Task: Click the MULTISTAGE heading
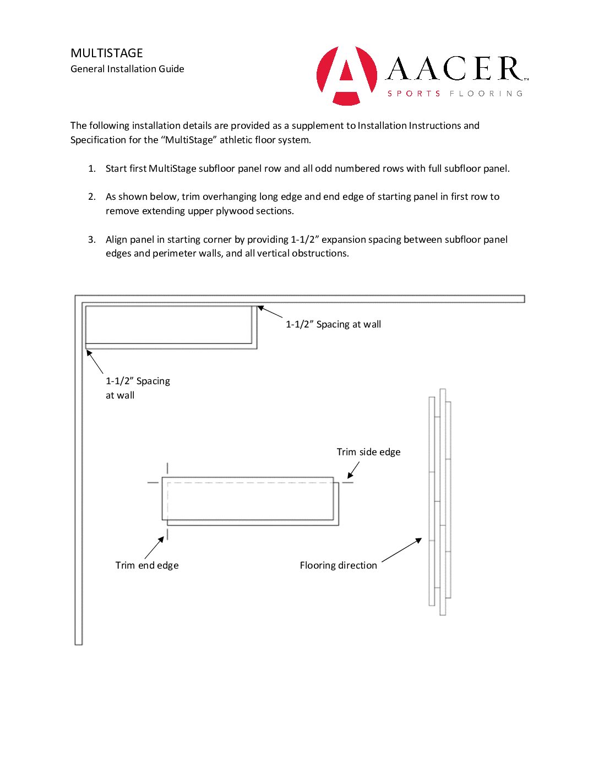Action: coord(107,53)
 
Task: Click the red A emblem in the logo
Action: coord(347,75)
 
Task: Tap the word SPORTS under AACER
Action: coord(414,94)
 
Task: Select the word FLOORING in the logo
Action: coord(486,94)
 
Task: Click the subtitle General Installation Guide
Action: coord(127,69)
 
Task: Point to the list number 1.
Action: coord(91,168)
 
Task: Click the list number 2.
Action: coord(91,197)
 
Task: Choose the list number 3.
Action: coord(91,239)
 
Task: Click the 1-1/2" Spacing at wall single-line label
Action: coord(333,324)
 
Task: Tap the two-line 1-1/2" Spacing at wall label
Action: coord(138,388)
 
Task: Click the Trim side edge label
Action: coord(368,452)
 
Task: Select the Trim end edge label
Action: coord(147,565)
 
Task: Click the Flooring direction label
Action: coord(338,565)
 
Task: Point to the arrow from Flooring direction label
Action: coord(402,550)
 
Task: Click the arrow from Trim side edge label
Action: coord(353,470)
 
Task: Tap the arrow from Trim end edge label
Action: coord(155,548)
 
